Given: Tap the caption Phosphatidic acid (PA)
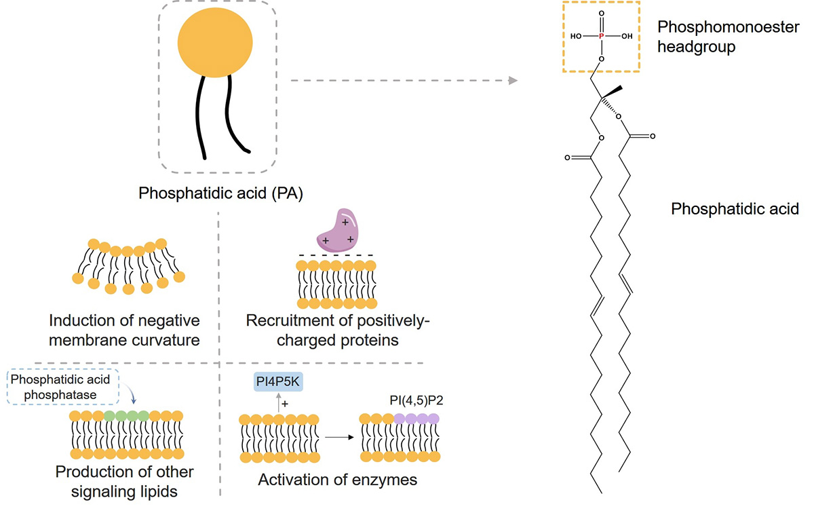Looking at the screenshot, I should (x=220, y=194).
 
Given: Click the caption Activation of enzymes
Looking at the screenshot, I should (x=337, y=480).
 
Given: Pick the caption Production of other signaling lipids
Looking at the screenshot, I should (x=124, y=480).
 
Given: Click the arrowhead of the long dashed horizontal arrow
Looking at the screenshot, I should (x=512, y=81).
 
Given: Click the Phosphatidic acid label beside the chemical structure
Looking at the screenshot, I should (x=735, y=209).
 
